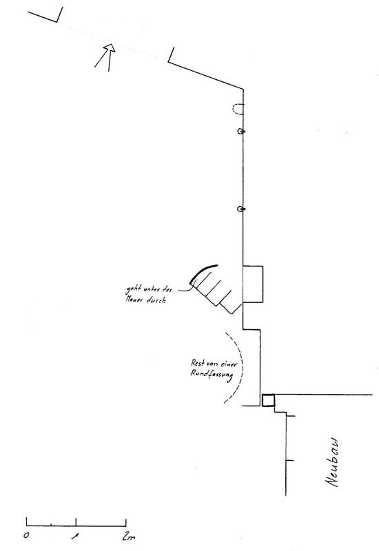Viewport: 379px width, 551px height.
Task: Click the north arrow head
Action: pos(110,48)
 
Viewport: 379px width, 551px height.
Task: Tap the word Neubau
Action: pos(333,462)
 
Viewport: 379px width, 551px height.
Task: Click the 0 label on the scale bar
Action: pos(26,537)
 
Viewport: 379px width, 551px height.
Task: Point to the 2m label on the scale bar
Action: pos(129,537)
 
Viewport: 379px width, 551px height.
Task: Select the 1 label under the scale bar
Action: pos(76,537)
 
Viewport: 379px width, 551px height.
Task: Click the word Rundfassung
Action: pos(212,375)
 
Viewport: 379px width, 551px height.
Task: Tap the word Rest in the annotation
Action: pos(198,363)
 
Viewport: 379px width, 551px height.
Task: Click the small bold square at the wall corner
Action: pos(268,400)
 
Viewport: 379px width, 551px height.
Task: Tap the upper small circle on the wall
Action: pos(240,132)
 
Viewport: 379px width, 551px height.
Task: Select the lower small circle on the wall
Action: pos(240,209)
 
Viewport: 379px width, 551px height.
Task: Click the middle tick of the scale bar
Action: pos(76,522)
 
